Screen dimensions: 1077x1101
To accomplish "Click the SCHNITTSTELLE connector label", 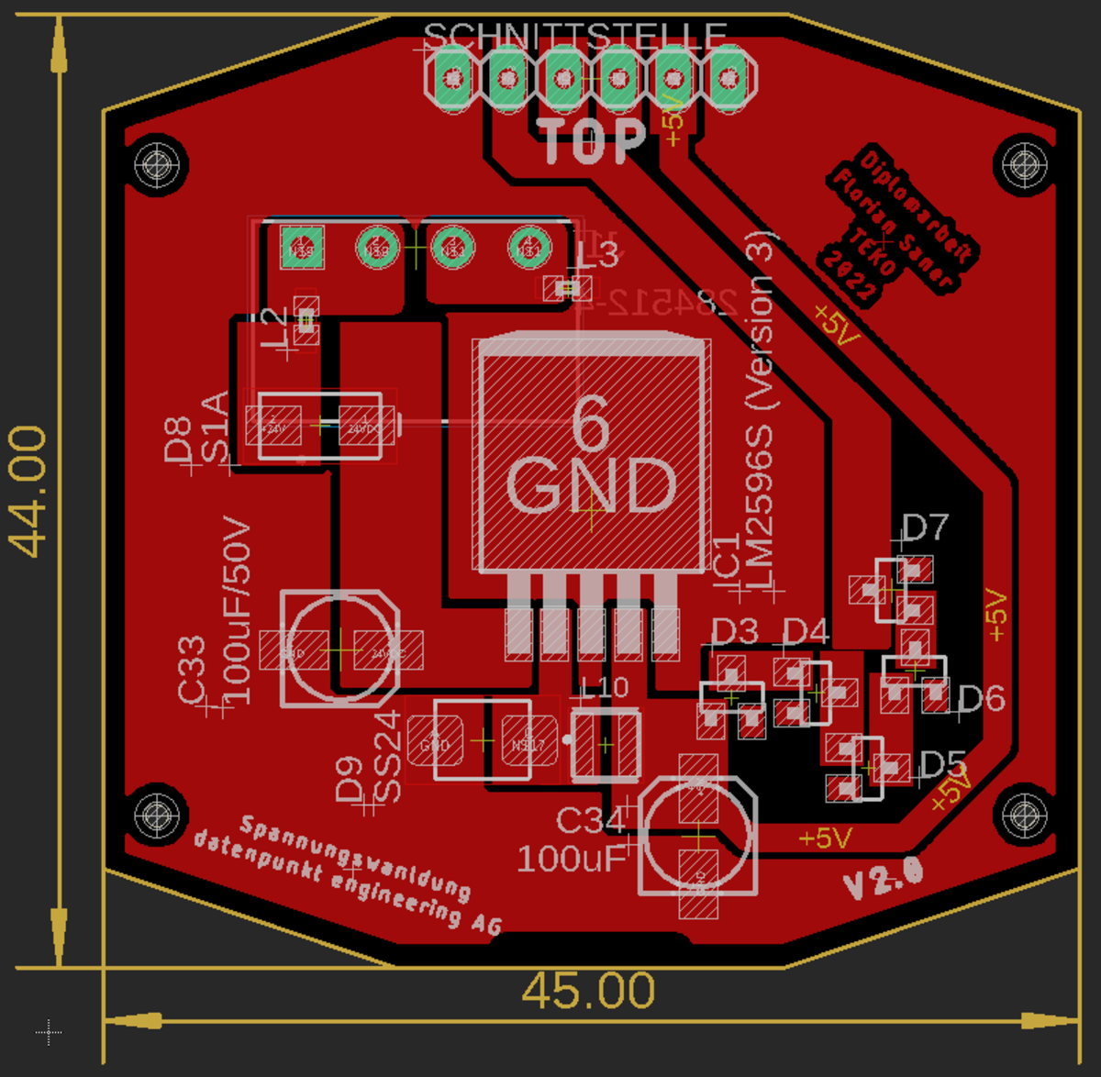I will tap(575, 36).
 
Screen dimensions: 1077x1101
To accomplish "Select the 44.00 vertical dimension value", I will tap(28, 492).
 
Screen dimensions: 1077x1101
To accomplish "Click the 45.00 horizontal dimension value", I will tap(588, 991).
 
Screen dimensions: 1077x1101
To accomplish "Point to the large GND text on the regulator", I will tap(592, 484).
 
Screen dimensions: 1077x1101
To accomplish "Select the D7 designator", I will tap(924, 527).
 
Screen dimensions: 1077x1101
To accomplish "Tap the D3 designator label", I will tap(734, 631).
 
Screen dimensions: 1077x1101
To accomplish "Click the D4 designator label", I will tap(806, 631).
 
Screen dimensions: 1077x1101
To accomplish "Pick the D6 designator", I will tap(981, 698).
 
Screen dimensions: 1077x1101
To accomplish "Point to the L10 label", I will tap(606, 687).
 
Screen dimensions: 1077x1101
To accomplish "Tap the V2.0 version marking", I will tap(883, 877).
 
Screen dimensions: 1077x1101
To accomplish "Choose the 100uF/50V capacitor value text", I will tap(236, 609).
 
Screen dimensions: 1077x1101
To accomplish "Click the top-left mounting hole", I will tap(157, 166).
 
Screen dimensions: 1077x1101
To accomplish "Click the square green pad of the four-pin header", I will tap(302, 248).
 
